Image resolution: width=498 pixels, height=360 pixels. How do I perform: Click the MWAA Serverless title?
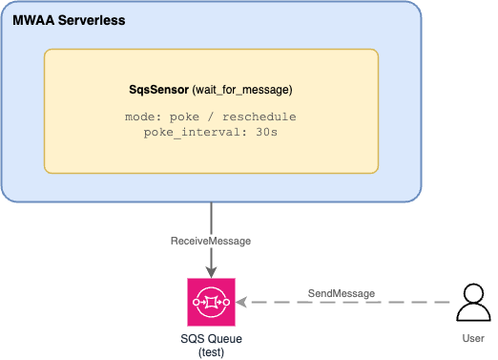69,20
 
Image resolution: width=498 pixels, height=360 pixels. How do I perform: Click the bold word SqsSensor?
158,90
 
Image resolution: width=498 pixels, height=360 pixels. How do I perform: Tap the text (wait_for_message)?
242,90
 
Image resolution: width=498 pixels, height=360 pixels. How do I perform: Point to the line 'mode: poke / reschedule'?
211,116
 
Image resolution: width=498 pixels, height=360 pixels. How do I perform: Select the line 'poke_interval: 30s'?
211,132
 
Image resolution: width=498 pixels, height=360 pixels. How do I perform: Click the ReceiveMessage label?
211,241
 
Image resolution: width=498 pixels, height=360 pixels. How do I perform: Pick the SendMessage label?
341,292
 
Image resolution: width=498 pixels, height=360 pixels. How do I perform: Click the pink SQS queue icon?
210,302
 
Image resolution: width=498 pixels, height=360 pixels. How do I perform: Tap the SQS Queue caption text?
210,339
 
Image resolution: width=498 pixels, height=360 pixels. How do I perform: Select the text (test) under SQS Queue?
210,352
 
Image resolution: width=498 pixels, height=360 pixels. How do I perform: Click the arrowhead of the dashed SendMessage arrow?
241,303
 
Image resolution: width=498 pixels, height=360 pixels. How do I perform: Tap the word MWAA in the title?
31,20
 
